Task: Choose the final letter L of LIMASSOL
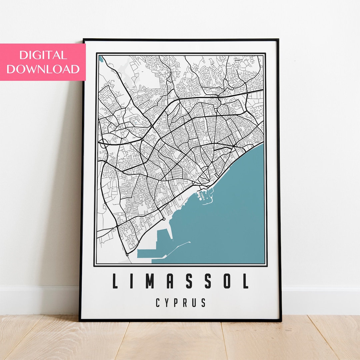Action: (245, 281)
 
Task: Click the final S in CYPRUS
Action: (204, 303)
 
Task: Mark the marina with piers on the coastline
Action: (206, 196)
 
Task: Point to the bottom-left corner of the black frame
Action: (80, 320)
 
